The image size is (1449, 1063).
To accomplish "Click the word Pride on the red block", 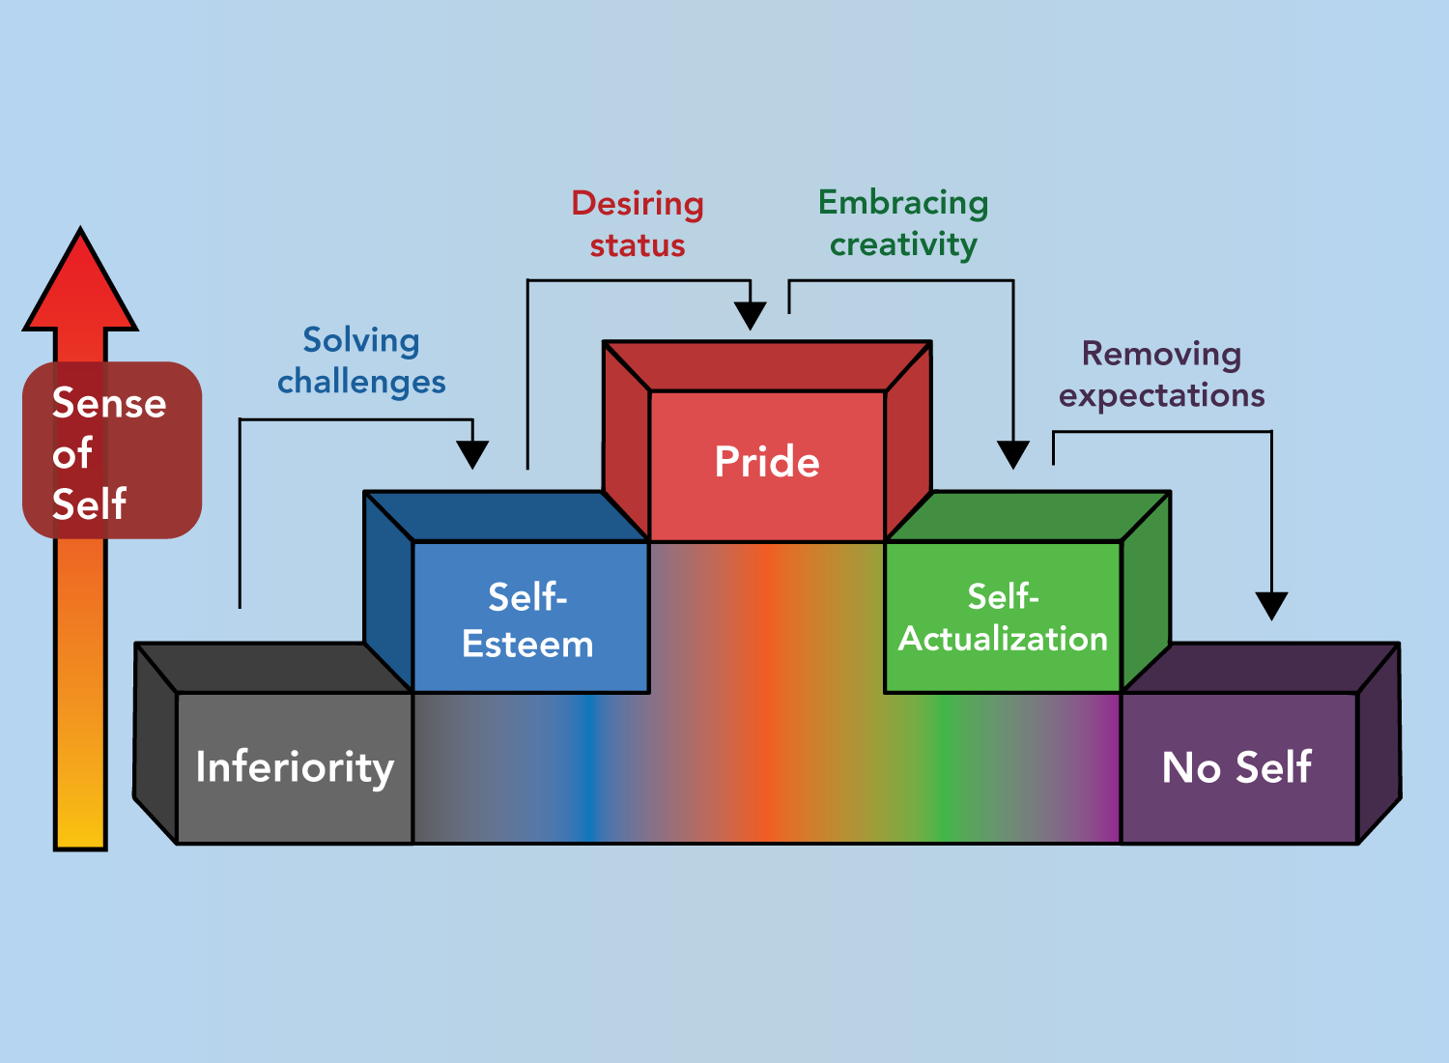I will click(767, 462).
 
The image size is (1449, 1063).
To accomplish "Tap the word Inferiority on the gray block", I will click(295, 767).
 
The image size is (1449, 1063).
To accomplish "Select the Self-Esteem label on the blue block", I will click(527, 620).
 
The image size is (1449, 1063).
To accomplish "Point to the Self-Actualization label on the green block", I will click(1003, 618).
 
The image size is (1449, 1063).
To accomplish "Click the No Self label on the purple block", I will click(1236, 767).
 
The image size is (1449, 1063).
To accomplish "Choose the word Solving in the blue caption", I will click(361, 340).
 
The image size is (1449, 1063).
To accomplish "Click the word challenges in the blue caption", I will click(361, 382).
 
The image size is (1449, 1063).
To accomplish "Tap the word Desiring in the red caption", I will click(638, 204).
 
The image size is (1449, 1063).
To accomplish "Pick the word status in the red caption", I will click(638, 245).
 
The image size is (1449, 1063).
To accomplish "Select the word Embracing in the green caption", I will click(903, 203).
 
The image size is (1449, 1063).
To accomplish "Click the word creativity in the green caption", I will click(903, 244).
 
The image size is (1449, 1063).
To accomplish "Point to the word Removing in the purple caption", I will click(1161, 354).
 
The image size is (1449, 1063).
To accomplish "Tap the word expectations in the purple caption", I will click(1161, 395).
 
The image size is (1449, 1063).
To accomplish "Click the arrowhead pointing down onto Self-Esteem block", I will click(472, 454).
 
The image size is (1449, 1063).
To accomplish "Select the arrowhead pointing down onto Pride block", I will click(751, 315).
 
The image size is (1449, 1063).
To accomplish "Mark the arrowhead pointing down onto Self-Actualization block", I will click(1013, 454).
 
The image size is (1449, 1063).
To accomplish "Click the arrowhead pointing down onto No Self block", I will click(1271, 606).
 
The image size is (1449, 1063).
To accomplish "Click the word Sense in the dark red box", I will click(109, 403).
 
